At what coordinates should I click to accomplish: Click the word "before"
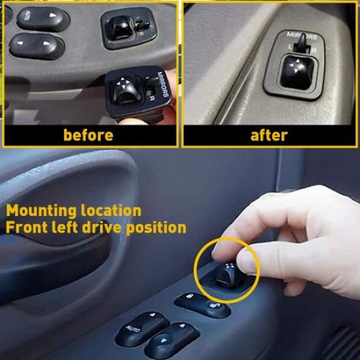88,135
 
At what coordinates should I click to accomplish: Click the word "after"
269,135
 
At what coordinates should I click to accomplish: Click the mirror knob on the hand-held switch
124,88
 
